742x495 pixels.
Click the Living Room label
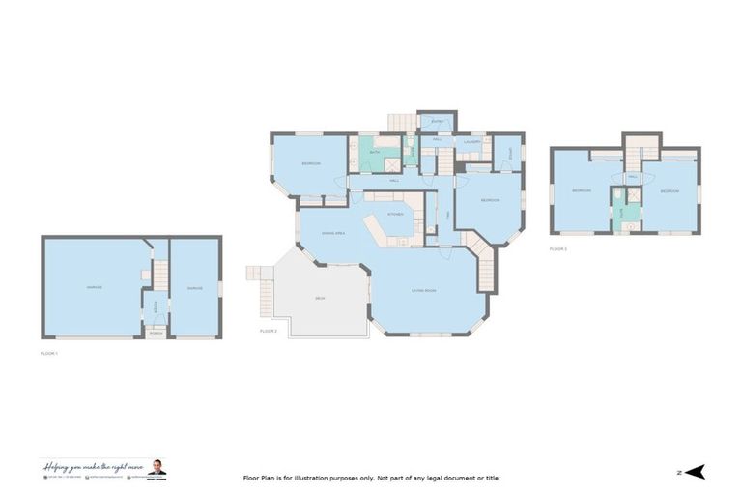[423, 290]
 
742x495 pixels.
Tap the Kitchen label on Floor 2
[394, 214]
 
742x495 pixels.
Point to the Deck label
[319, 298]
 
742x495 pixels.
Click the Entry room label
[436, 121]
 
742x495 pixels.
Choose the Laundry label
[471, 142]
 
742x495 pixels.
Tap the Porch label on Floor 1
[154, 331]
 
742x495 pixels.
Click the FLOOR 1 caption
[49, 354]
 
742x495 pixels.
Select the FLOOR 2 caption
[269, 332]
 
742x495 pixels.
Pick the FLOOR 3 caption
[558, 248]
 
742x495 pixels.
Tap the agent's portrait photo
[157, 468]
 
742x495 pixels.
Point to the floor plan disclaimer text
[370, 478]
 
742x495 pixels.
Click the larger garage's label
[94, 287]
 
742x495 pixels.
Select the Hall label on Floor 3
[633, 177]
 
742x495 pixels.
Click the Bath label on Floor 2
[375, 152]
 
